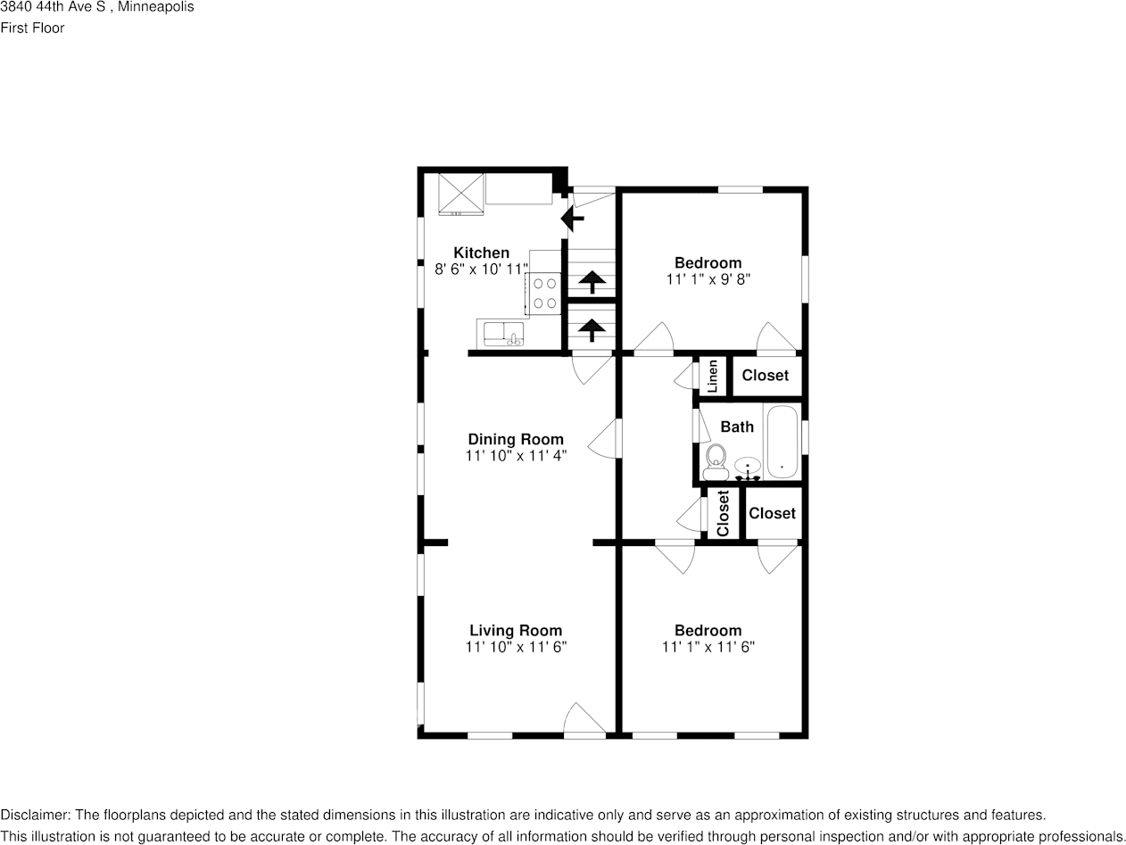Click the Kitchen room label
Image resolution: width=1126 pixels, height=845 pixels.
coord(481,253)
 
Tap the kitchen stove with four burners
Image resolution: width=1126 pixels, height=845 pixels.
coord(545,294)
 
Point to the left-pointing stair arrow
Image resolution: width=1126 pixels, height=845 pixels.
coord(571,217)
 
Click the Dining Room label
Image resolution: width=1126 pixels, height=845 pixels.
coord(516,439)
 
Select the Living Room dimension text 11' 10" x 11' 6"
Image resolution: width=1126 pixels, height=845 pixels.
coord(516,647)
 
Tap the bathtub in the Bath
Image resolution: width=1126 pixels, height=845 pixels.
coord(782,443)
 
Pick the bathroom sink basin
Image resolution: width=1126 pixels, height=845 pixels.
coord(748,466)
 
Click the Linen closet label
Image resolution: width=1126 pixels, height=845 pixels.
coord(713,377)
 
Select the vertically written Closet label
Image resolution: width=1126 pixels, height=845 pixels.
coord(723,514)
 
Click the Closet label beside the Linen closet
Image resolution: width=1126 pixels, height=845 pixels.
coord(765,376)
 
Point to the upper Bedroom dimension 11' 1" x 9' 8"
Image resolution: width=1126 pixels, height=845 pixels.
coord(708,278)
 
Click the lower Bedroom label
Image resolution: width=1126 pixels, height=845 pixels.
coord(708,630)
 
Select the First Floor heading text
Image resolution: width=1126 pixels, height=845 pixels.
coord(32,28)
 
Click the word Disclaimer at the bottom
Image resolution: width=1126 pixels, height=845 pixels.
coord(35,815)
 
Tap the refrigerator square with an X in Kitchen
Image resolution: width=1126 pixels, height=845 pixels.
coord(460,194)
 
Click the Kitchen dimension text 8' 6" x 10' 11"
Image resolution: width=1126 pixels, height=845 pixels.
coord(481,269)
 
